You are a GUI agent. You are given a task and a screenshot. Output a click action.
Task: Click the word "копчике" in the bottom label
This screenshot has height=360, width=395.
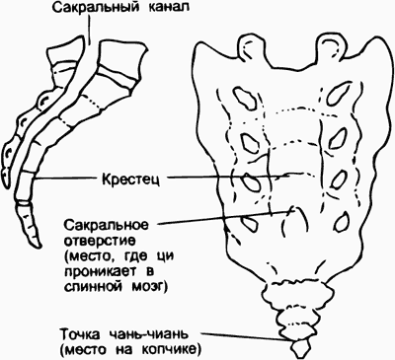[x=174, y=349]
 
